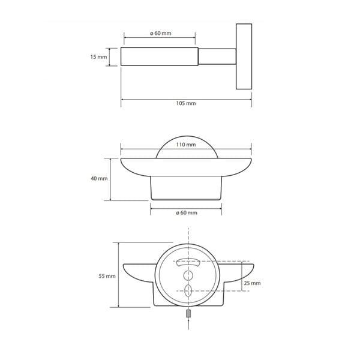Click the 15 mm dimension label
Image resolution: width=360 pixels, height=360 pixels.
point(99,57)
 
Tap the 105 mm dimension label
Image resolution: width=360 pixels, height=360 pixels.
point(186,103)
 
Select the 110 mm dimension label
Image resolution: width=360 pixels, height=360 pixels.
point(186,145)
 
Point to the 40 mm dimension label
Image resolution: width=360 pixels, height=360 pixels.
point(99,178)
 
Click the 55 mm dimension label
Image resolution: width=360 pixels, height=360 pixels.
point(107,276)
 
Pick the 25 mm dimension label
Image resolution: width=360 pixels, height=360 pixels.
point(253,283)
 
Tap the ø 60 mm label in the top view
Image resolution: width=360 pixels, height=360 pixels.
point(161,33)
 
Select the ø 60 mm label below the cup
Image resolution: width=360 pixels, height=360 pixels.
point(187,213)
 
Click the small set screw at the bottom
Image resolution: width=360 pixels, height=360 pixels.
point(188,313)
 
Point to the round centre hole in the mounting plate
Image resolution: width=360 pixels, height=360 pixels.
point(188,275)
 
